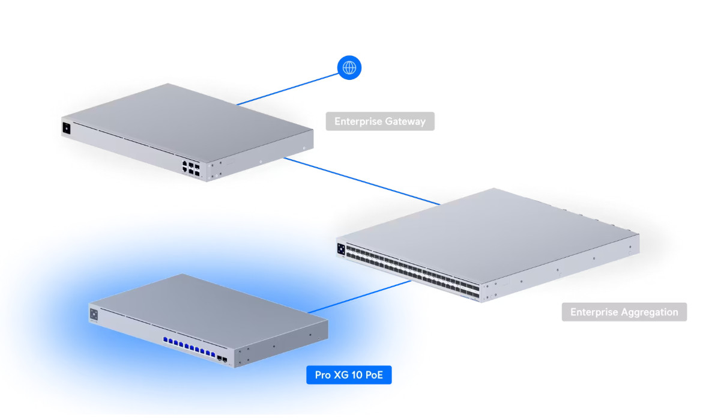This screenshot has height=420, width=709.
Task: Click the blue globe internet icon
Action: (x=349, y=67)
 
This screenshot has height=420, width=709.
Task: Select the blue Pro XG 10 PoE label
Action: (x=349, y=376)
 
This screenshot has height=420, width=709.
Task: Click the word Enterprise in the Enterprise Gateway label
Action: (x=358, y=121)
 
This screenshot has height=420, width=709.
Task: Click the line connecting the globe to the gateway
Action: (x=288, y=88)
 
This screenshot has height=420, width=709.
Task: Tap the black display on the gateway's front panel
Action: (x=66, y=128)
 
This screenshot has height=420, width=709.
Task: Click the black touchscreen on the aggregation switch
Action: (x=340, y=249)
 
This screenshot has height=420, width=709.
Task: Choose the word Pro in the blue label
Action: (x=323, y=376)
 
